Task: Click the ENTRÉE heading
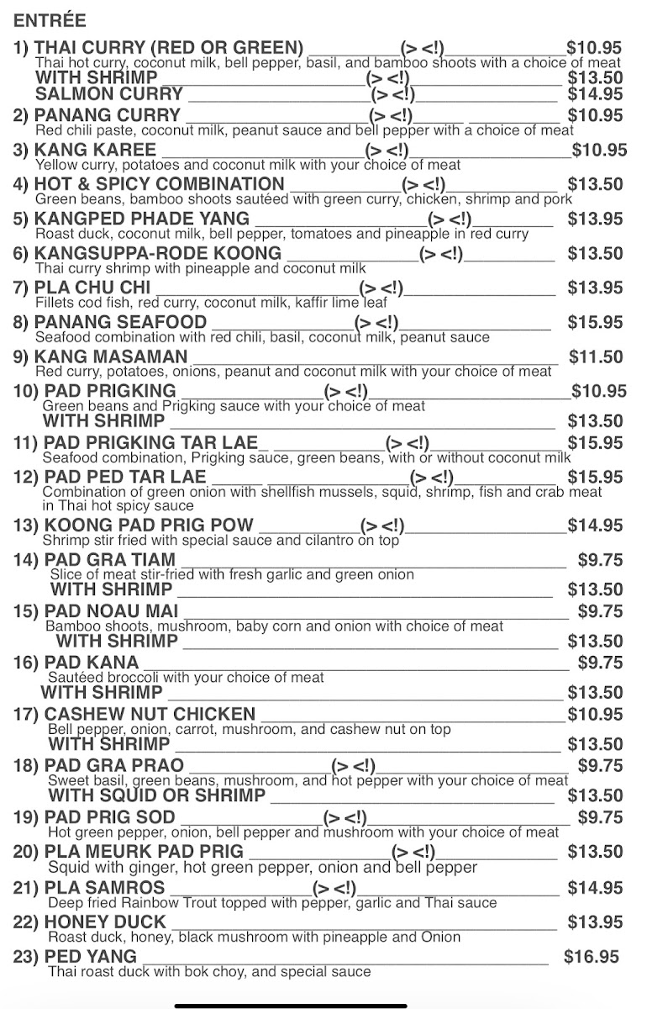tap(50, 20)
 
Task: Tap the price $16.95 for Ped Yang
tap(592, 957)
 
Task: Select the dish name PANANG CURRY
tap(108, 115)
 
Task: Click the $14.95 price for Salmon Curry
tap(595, 94)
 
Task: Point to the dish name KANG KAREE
tap(95, 151)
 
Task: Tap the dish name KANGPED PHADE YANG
tap(142, 219)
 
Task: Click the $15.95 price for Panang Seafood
tap(595, 322)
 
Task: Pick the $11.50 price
tap(596, 357)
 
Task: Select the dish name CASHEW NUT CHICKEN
tap(150, 715)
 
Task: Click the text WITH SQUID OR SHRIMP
tap(157, 795)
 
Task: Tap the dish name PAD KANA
tap(92, 663)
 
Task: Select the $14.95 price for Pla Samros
tap(595, 888)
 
